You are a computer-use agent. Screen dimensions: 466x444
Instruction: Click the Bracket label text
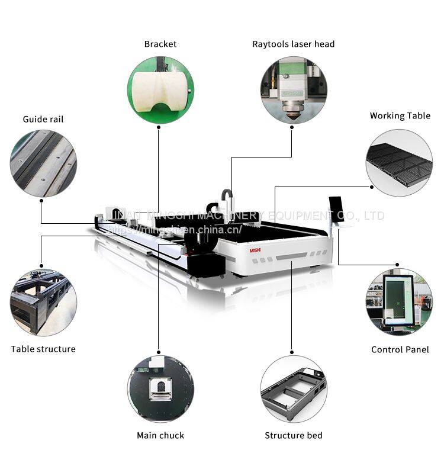(x=160, y=44)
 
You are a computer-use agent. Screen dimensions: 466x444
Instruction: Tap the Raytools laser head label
(x=293, y=44)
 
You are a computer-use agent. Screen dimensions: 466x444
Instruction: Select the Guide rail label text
(x=43, y=119)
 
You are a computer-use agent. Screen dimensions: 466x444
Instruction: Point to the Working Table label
(x=400, y=115)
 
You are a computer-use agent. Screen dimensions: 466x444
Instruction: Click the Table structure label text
(x=43, y=349)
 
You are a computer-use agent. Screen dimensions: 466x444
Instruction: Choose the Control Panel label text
(x=400, y=349)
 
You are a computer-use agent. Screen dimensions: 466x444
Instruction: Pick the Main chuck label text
(x=160, y=435)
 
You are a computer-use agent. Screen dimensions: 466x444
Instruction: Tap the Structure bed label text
(x=293, y=435)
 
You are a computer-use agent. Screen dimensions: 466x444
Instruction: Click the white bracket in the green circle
(x=158, y=90)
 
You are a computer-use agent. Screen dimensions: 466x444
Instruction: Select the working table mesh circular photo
(x=399, y=162)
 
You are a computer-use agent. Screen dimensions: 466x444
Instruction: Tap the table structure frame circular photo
(x=43, y=295)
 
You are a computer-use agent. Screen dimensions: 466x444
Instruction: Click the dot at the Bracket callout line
(x=158, y=126)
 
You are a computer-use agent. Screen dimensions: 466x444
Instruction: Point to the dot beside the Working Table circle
(x=371, y=187)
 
